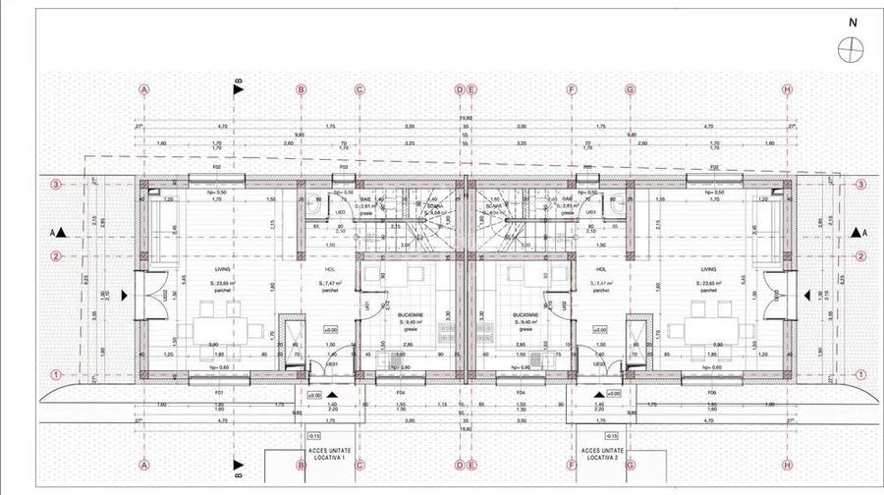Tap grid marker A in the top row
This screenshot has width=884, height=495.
(x=144, y=89)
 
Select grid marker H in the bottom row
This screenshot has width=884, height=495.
(x=787, y=466)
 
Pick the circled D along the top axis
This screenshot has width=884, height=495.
(x=459, y=89)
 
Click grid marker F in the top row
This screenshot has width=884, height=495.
(x=572, y=89)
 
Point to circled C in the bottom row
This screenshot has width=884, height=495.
(x=359, y=466)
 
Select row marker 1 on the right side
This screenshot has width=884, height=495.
(x=860, y=374)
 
